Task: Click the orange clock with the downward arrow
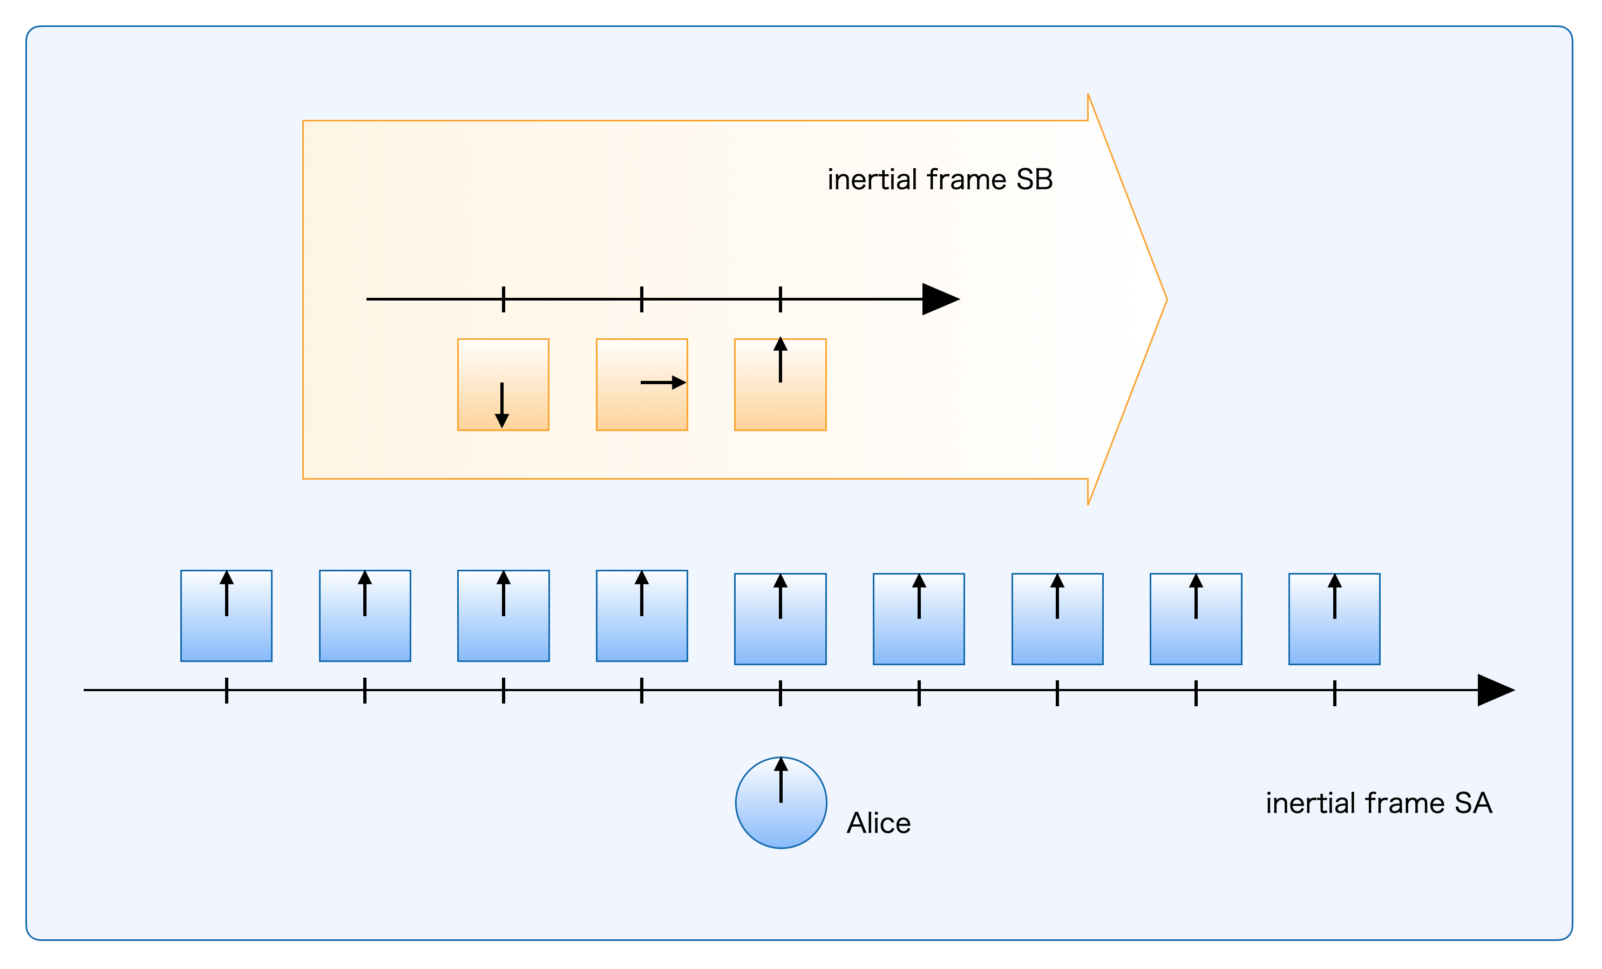tap(503, 385)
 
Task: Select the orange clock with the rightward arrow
tap(642, 385)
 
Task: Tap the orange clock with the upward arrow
tap(780, 385)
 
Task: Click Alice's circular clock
tap(781, 803)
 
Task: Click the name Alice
tap(878, 823)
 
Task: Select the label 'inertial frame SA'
tap(1379, 803)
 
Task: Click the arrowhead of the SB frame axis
tap(940, 299)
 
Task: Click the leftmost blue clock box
tap(226, 616)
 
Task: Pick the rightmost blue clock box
tap(1334, 619)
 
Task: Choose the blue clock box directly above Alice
tap(780, 619)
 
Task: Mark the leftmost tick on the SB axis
tap(503, 299)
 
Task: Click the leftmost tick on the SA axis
tap(226, 690)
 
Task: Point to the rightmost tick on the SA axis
tap(1335, 693)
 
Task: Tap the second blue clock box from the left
tap(365, 616)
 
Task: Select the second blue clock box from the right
tap(1196, 619)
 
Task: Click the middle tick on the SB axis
tap(642, 299)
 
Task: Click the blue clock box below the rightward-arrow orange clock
tap(642, 616)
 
